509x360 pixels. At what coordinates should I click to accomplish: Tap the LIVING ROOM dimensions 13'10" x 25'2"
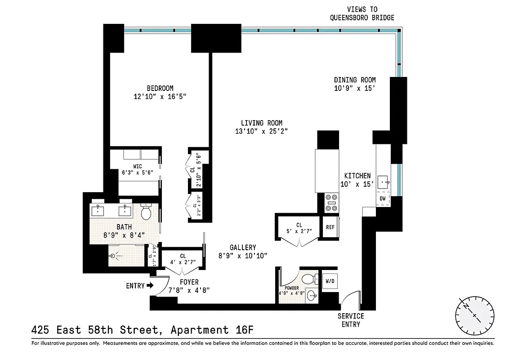[261, 131]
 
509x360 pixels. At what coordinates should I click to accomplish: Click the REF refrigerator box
[330, 227]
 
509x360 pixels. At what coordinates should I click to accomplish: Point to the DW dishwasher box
[382, 198]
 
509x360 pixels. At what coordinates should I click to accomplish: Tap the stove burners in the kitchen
[331, 202]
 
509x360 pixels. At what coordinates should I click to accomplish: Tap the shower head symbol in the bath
[115, 256]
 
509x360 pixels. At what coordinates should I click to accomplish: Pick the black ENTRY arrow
[150, 285]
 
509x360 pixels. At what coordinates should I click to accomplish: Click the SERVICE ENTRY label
[351, 320]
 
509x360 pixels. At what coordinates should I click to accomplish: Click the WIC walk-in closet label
[137, 166]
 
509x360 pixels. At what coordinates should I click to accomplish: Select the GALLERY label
[243, 247]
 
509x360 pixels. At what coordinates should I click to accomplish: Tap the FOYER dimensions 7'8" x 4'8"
[189, 290]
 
